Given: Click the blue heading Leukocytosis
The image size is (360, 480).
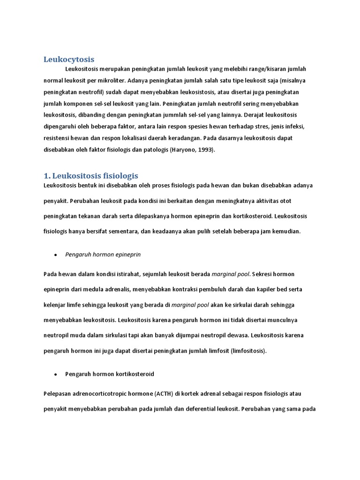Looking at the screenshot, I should point(69,59).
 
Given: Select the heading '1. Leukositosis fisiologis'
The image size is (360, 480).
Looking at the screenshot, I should point(91,176).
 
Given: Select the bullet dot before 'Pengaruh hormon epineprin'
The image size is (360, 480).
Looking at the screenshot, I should point(55,255).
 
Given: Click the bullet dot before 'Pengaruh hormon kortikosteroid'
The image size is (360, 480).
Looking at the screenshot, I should point(55,375).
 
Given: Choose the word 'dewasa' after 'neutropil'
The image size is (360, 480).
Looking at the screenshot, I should point(238,335).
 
